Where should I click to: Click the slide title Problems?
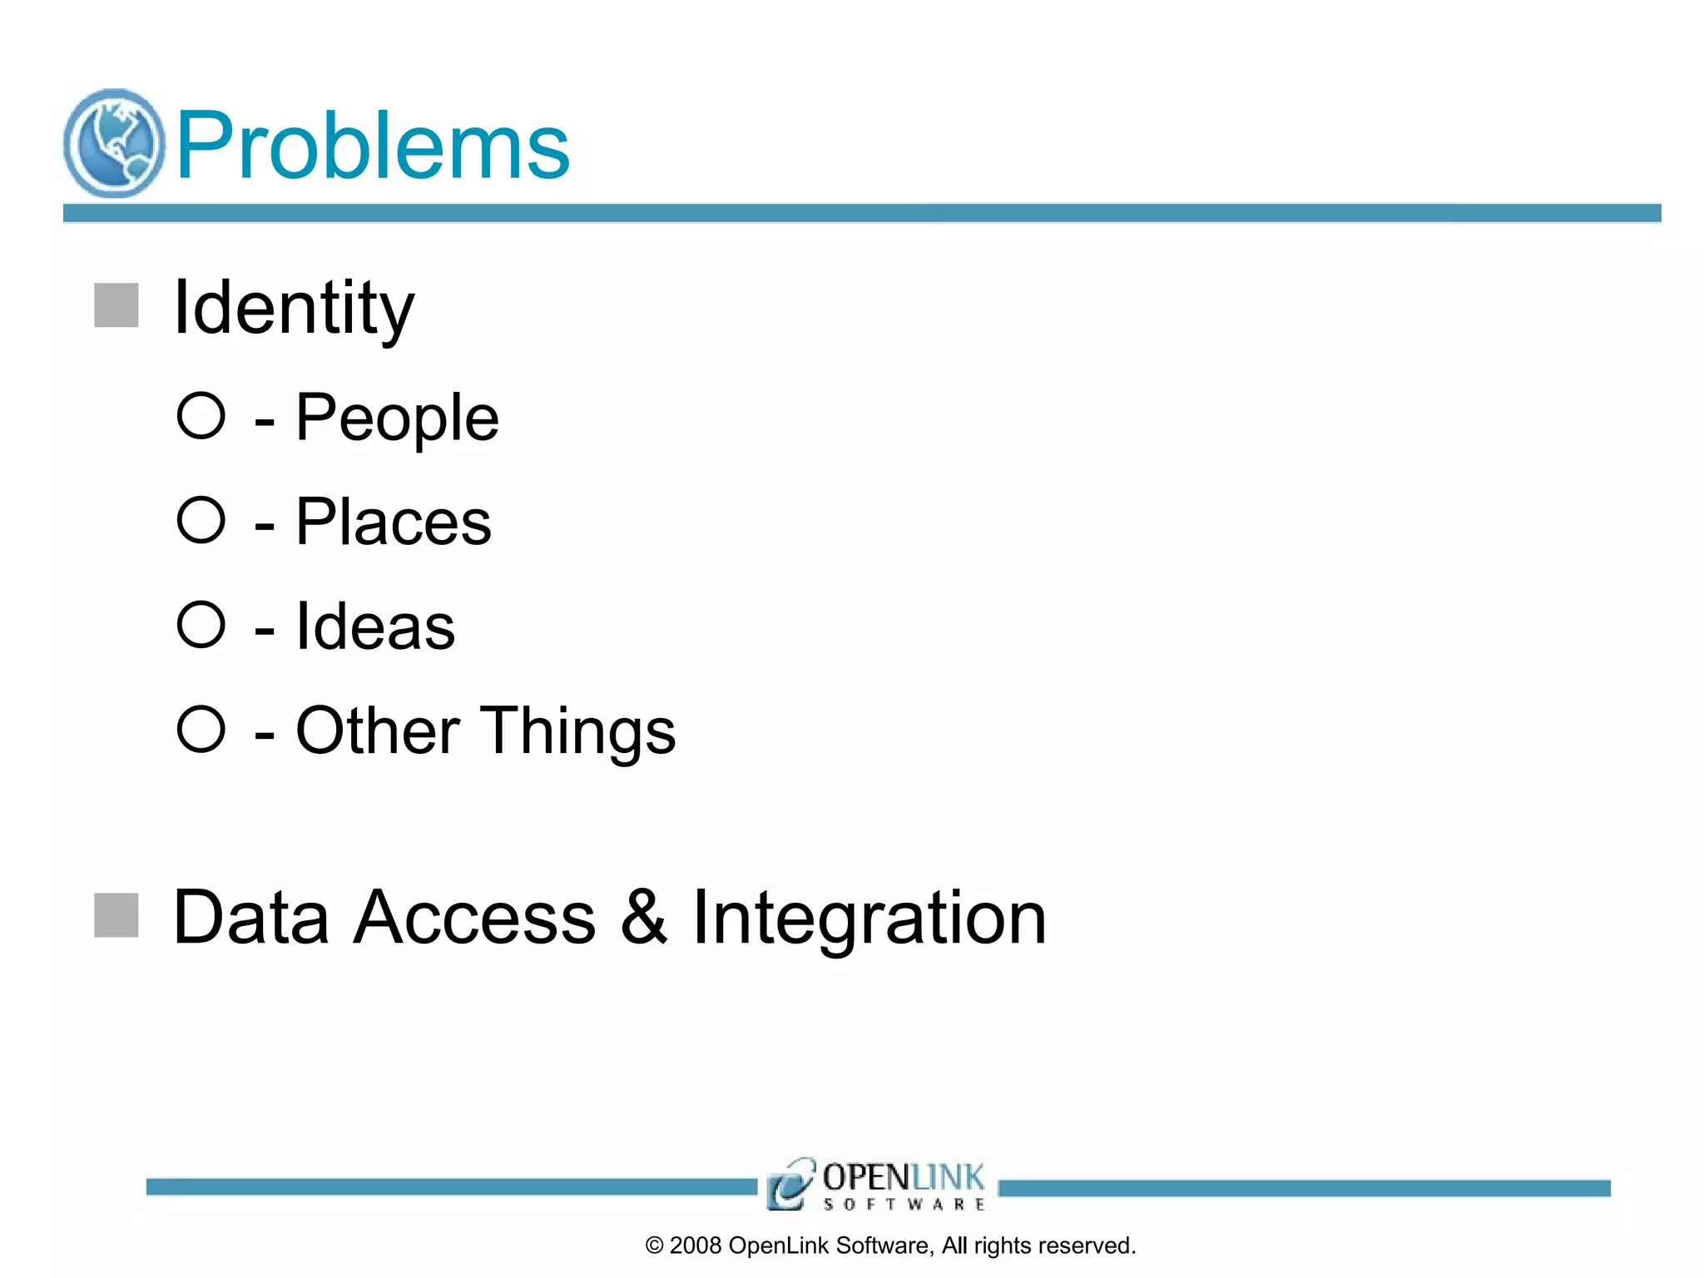tap(372, 146)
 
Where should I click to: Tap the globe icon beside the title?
tap(114, 143)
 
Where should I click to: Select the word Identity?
tap(293, 309)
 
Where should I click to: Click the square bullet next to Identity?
tap(116, 305)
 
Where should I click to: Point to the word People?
tap(397, 418)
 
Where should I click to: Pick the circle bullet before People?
tap(201, 415)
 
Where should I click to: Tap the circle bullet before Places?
tap(201, 520)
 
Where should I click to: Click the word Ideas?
tap(375, 626)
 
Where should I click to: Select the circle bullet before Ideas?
tap(201, 624)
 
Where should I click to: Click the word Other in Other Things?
tap(378, 731)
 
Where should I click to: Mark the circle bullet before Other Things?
tap(201, 729)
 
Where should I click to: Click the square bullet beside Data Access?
tap(116, 915)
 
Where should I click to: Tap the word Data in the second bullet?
tap(251, 917)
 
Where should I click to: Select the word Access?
tap(474, 917)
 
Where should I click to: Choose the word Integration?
tap(869, 919)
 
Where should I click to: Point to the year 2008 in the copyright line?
tap(696, 1246)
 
